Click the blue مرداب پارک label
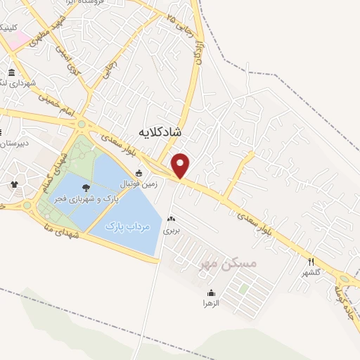point(129,226)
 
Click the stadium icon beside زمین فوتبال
point(139,173)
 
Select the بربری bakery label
point(172,230)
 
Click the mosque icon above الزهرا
point(211,293)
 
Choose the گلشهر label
point(311,272)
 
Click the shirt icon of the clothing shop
point(14,185)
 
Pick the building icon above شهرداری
point(11,73)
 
